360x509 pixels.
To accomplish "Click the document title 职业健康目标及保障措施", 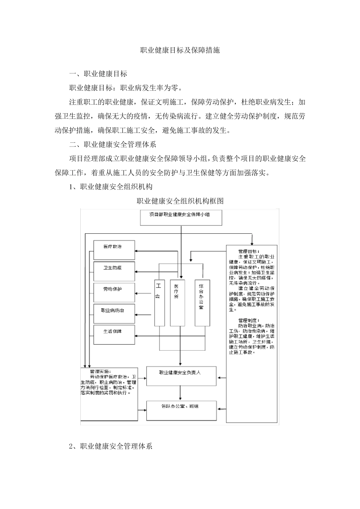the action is click(x=180, y=50).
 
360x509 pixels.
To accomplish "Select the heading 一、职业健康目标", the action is click(x=98, y=74).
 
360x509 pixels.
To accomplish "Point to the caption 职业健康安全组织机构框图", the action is click(x=180, y=201).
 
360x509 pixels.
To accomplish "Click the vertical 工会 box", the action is click(x=160, y=303).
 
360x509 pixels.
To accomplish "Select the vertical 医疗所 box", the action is click(x=177, y=303).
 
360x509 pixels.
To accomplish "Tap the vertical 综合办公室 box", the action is click(x=202, y=303).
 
